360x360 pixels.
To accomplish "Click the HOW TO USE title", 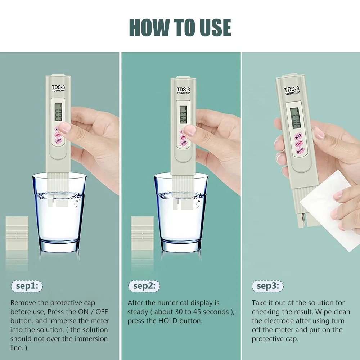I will (x=180, y=28).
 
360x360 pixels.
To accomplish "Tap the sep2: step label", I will (x=144, y=286).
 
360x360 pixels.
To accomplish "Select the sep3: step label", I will (x=267, y=286).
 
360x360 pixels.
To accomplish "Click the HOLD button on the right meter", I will (x=298, y=136).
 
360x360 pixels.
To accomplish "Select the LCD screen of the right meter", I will (x=295, y=117).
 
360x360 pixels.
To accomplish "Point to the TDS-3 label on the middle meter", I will (x=183, y=89).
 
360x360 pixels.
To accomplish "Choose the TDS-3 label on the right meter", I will (x=291, y=90).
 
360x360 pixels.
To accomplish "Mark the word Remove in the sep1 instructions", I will (x=23, y=303).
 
